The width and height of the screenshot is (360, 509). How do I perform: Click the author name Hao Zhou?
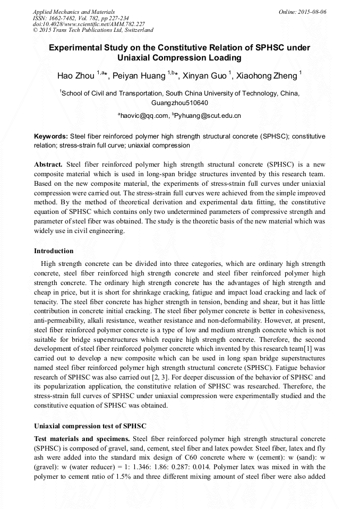click(76, 76)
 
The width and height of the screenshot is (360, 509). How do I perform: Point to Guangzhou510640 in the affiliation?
click(179, 102)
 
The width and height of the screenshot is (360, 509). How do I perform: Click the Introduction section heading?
click(54, 251)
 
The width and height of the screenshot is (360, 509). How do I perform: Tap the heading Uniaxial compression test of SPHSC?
click(90, 426)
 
